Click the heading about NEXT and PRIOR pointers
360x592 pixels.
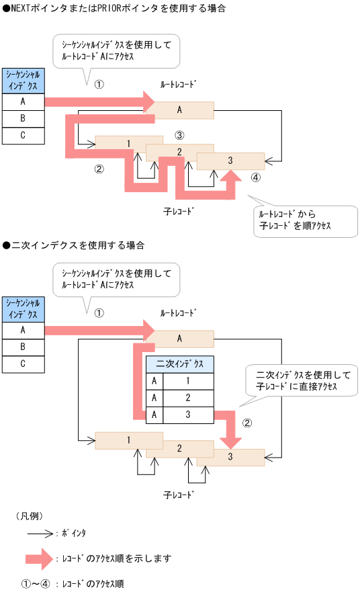(114, 9)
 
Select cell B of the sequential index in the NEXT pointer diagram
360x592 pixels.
(23, 118)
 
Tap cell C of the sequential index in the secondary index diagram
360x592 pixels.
(23, 364)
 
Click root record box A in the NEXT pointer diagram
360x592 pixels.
(180, 110)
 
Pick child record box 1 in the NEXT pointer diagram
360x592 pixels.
(128, 143)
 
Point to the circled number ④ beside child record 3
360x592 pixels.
(255, 177)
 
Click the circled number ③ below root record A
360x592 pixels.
(179, 135)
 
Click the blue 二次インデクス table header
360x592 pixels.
(179, 364)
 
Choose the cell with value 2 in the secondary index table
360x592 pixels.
(188, 398)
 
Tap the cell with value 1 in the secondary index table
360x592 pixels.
(188, 381)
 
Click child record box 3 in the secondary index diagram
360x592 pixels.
(230, 457)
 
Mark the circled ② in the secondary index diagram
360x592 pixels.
(247, 423)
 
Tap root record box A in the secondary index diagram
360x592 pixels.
(180, 339)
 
